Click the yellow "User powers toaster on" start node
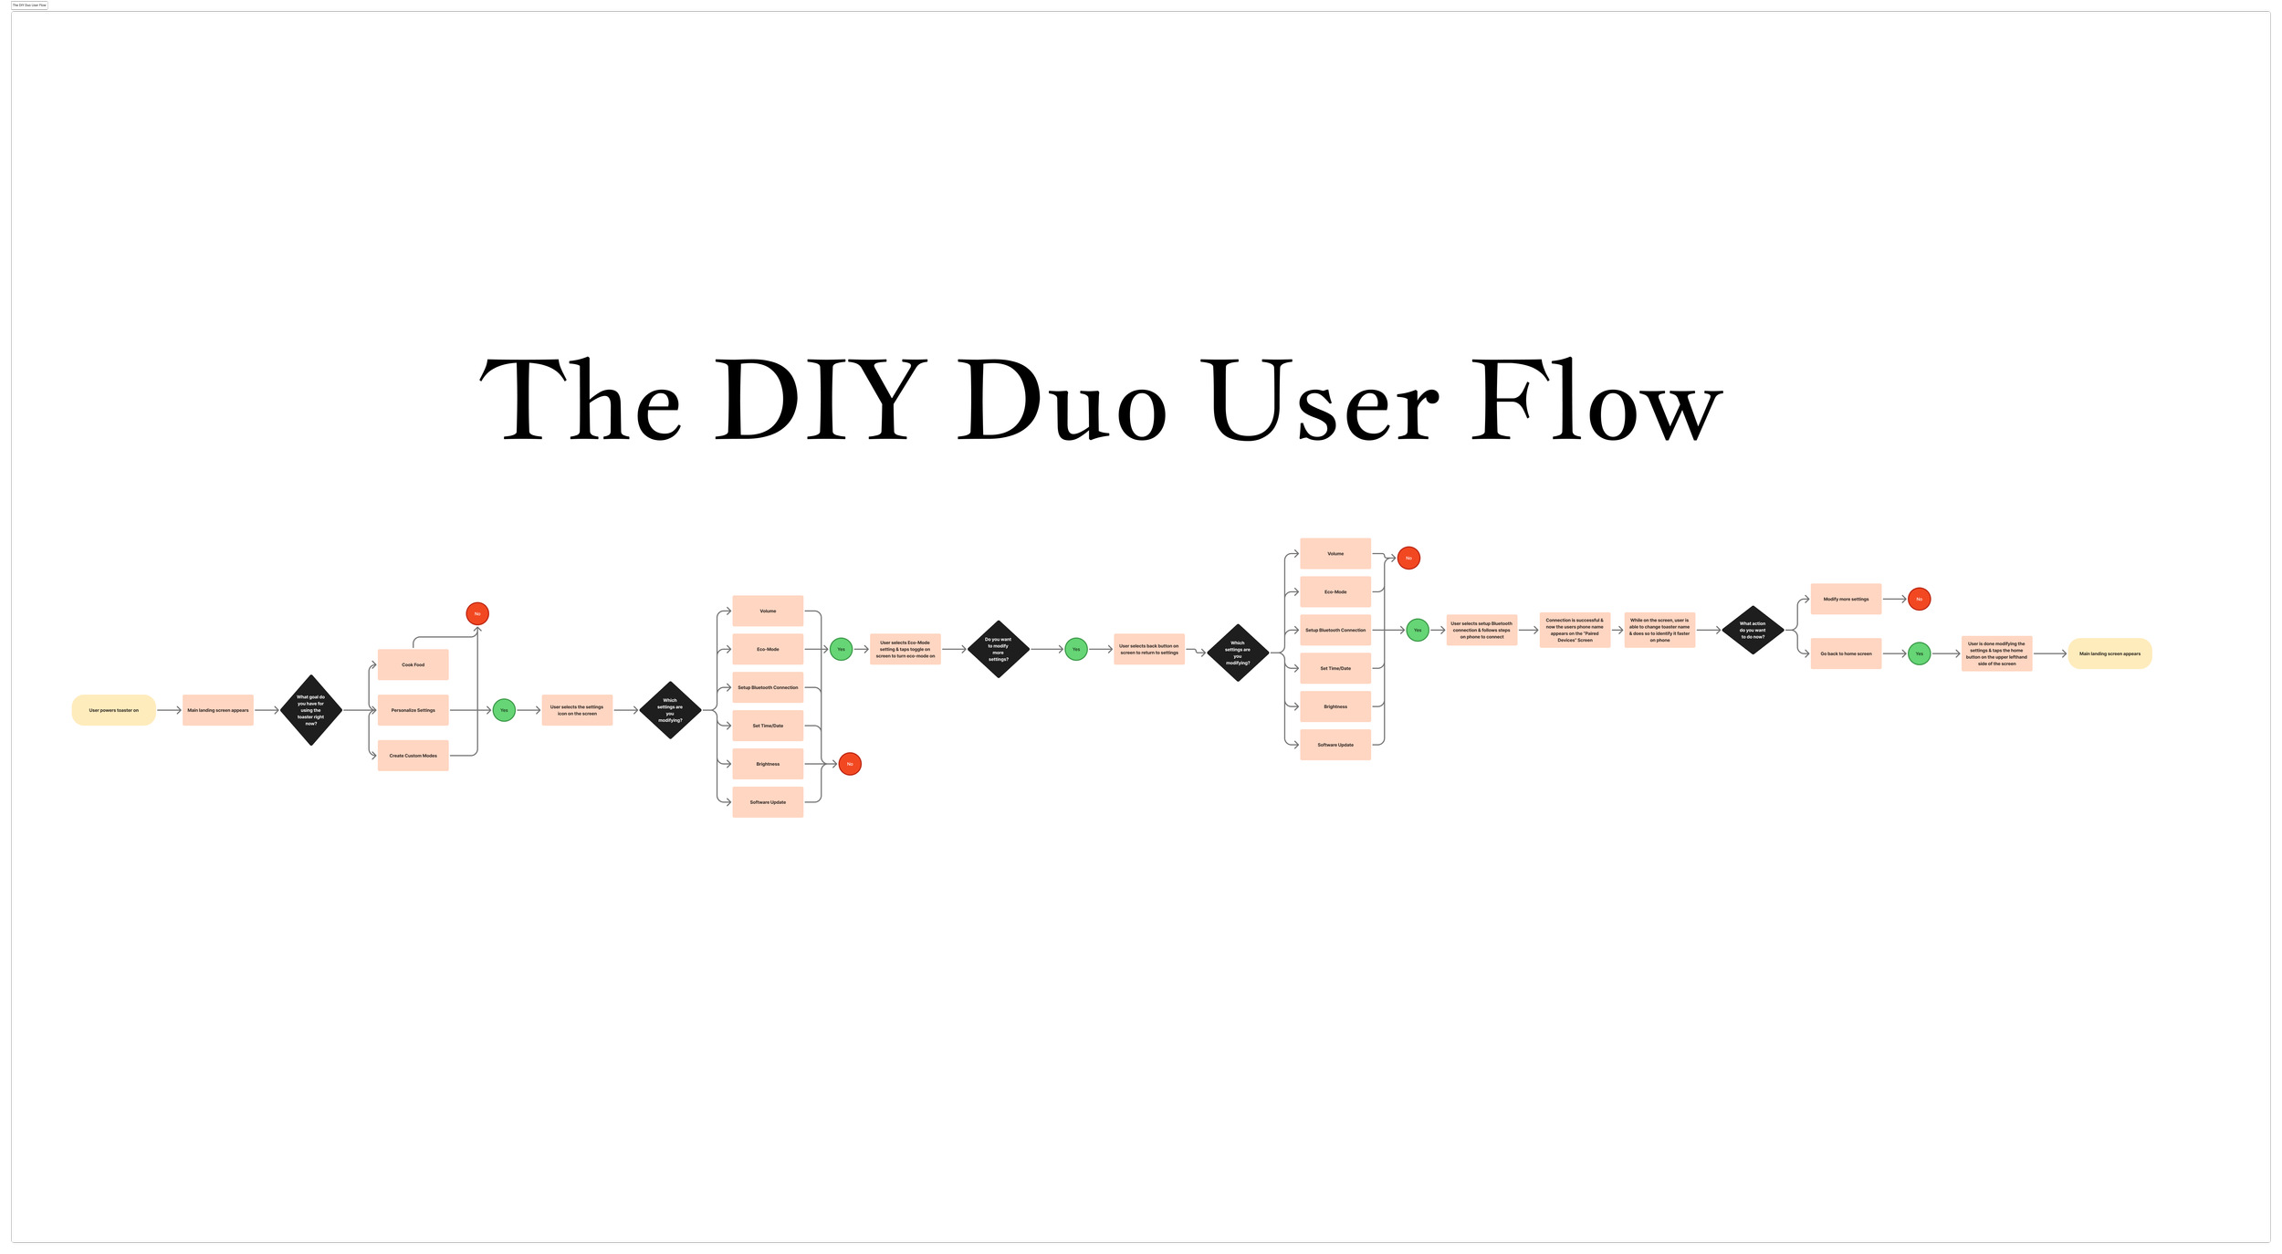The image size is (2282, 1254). (x=114, y=710)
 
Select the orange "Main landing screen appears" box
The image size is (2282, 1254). (x=218, y=710)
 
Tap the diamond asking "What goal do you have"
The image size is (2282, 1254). (x=311, y=710)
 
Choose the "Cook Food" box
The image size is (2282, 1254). (x=413, y=664)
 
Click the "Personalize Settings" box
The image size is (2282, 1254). (x=413, y=710)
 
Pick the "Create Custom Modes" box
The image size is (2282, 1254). (x=413, y=756)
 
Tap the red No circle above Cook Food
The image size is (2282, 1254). (x=477, y=613)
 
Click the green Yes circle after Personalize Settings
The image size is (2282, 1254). (x=504, y=710)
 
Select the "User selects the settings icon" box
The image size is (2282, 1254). (x=577, y=710)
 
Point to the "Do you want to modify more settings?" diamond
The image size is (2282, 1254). (x=999, y=649)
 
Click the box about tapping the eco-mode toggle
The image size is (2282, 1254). (x=905, y=649)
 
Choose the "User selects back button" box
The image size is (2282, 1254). (x=1149, y=649)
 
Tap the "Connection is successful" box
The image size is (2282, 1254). (x=1575, y=630)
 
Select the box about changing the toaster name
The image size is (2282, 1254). (x=1659, y=630)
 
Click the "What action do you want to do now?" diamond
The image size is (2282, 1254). (x=1753, y=630)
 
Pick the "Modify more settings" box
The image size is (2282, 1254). (x=1846, y=599)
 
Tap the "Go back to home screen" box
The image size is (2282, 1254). (x=1846, y=653)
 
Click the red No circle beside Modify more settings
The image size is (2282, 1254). (x=1920, y=599)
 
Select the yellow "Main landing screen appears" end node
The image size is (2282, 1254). (x=2109, y=653)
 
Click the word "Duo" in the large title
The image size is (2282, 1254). (x=1062, y=402)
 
